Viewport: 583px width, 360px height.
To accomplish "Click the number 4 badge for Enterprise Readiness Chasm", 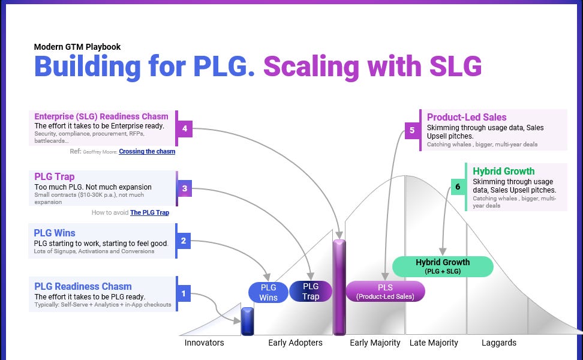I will (x=185, y=128).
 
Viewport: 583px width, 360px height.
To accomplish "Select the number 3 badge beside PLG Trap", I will (x=185, y=188).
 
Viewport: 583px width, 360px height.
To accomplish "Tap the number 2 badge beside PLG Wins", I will (x=184, y=241).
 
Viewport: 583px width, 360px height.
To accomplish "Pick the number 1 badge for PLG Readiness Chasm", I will (x=184, y=293).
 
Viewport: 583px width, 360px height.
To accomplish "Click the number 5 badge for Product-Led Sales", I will (x=412, y=130).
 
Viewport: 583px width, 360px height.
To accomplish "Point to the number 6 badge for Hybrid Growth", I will (x=458, y=187).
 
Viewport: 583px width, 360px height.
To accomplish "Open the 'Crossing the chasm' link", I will (x=147, y=152).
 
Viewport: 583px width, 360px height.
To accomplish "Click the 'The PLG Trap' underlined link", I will (x=154, y=212).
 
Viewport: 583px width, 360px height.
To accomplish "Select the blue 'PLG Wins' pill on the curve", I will (x=268, y=292).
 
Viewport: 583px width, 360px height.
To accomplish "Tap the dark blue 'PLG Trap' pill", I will (x=311, y=291).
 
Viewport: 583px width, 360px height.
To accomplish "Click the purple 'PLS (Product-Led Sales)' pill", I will (x=385, y=292).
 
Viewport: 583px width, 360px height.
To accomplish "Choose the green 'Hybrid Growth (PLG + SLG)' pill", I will (x=443, y=266).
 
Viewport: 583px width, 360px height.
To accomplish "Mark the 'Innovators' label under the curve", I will (x=204, y=343).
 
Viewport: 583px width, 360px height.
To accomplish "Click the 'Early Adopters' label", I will (x=295, y=343).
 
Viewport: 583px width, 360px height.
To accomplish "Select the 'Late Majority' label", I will (x=434, y=343).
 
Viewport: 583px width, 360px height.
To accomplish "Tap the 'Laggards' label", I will (x=499, y=343).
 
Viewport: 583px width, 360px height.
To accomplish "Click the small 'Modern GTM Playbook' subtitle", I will (x=77, y=47).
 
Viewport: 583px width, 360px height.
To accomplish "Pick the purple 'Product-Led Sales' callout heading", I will (x=467, y=117).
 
